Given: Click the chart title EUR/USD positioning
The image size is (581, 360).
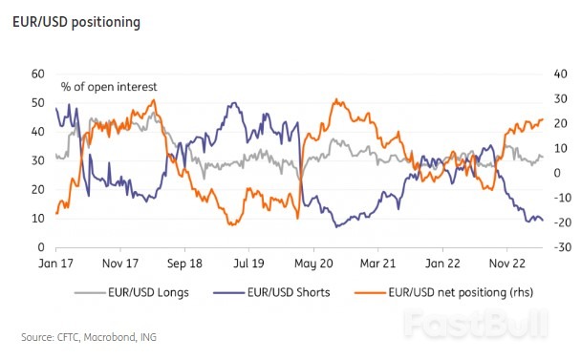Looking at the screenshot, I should point(76,22).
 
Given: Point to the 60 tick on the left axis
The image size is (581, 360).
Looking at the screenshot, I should point(38,74).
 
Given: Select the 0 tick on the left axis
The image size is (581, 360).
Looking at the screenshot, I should point(41,247).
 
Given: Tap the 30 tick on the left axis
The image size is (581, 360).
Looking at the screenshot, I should point(38,160).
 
